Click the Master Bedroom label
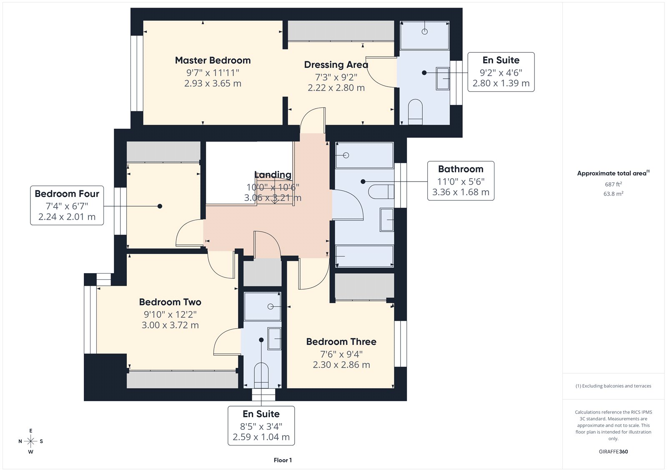[x=213, y=60]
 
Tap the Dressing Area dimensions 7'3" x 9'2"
[x=336, y=77]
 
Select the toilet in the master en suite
[x=415, y=111]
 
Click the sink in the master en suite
[x=443, y=78]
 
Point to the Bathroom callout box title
[x=461, y=169]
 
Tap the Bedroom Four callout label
[x=67, y=194]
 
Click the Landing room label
[x=273, y=175]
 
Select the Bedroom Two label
[x=170, y=302]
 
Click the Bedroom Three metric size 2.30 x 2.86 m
[x=341, y=365]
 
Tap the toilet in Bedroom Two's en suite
[x=261, y=374]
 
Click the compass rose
[x=31, y=441]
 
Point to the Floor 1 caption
[x=283, y=460]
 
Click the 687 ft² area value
[x=613, y=184]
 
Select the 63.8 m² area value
[x=613, y=194]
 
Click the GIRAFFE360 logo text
[x=613, y=451]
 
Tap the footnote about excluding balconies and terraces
[x=613, y=386]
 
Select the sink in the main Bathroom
[x=387, y=219]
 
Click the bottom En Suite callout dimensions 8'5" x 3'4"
[x=261, y=426]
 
